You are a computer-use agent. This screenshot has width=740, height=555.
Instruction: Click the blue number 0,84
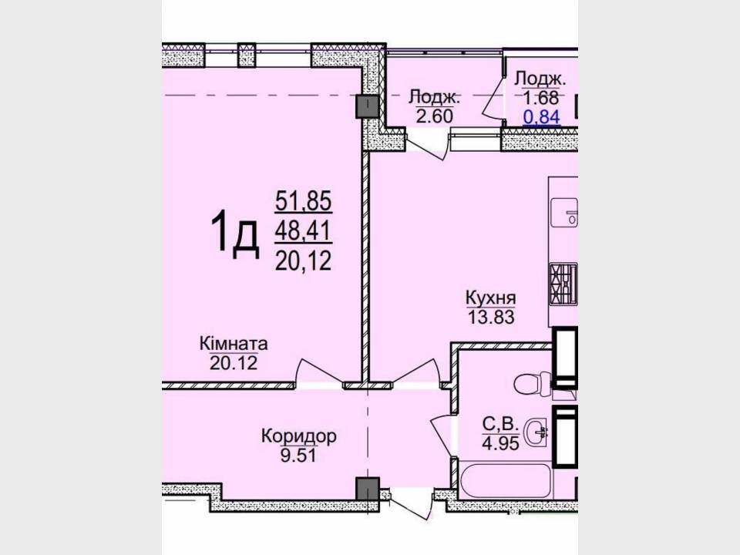tap(542, 116)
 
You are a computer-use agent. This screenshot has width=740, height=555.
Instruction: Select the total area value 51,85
tap(304, 201)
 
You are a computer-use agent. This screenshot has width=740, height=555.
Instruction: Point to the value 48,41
tap(304, 231)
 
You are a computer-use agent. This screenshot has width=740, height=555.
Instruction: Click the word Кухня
tap(491, 298)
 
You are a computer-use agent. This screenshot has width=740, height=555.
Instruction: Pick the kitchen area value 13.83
tap(491, 317)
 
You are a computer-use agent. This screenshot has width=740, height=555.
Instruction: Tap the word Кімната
tap(234, 343)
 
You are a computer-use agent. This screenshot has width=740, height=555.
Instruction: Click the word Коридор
tap(299, 436)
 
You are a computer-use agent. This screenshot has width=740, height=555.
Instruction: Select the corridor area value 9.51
tap(299, 455)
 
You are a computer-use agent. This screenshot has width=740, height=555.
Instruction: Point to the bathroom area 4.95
tap(501, 442)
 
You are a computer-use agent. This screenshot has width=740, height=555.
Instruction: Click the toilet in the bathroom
tap(533, 384)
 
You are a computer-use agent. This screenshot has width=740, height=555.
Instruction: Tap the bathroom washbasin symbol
tap(538, 431)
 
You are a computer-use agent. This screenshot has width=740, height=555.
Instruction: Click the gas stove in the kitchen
tap(563, 284)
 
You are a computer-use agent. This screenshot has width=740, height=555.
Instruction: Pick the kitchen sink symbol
tap(565, 212)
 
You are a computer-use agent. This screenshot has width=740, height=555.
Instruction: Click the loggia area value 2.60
tap(434, 116)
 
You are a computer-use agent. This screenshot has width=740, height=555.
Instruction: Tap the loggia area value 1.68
tap(541, 98)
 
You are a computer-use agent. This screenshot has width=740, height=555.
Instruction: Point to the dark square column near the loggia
tap(368, 106)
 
